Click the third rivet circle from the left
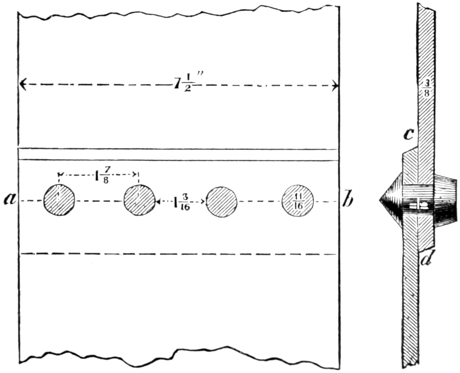click(x=221, y=201)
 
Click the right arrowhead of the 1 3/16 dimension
click(x=203, y=202)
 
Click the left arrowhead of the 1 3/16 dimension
click(x=158, y=202)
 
